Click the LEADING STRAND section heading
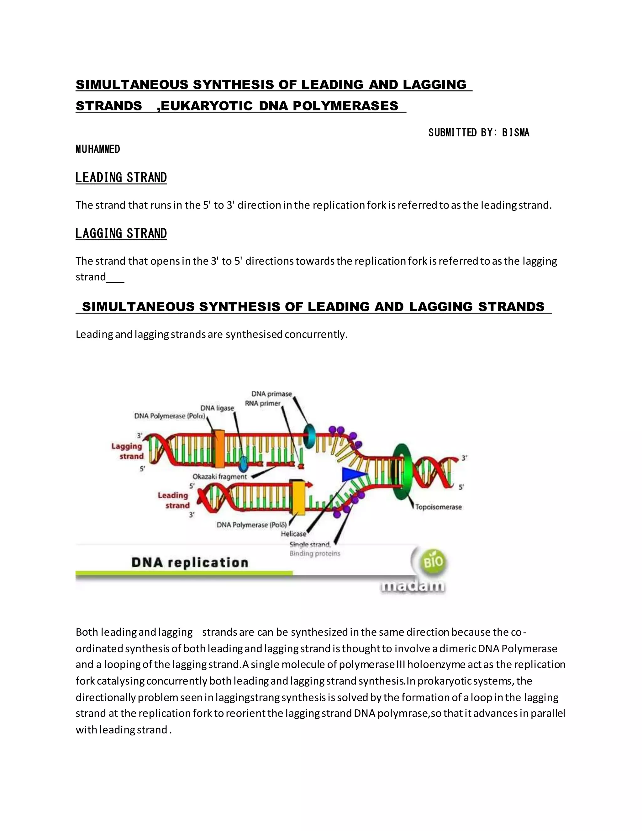pos(121,178)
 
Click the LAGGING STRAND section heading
pos(121,233)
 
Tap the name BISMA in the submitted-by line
pos(516,133)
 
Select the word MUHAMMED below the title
pos(98,149)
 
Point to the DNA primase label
pos(271,394)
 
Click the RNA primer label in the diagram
pos(262,403)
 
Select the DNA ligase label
pos(217,408)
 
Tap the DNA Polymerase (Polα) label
pos(170,416)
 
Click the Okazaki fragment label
pos(219,476)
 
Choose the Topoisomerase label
pos(438,507)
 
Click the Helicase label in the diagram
pos(293,534)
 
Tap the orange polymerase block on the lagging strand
pos(219,449)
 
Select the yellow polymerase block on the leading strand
pos(298,497)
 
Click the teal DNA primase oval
pos(310,435)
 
